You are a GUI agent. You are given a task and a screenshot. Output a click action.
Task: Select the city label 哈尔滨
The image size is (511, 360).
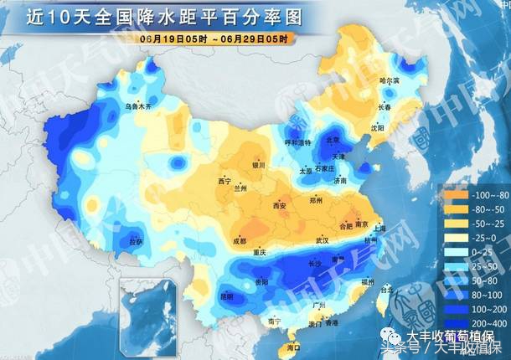390,80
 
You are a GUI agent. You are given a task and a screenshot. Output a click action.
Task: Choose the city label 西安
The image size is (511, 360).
280,205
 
